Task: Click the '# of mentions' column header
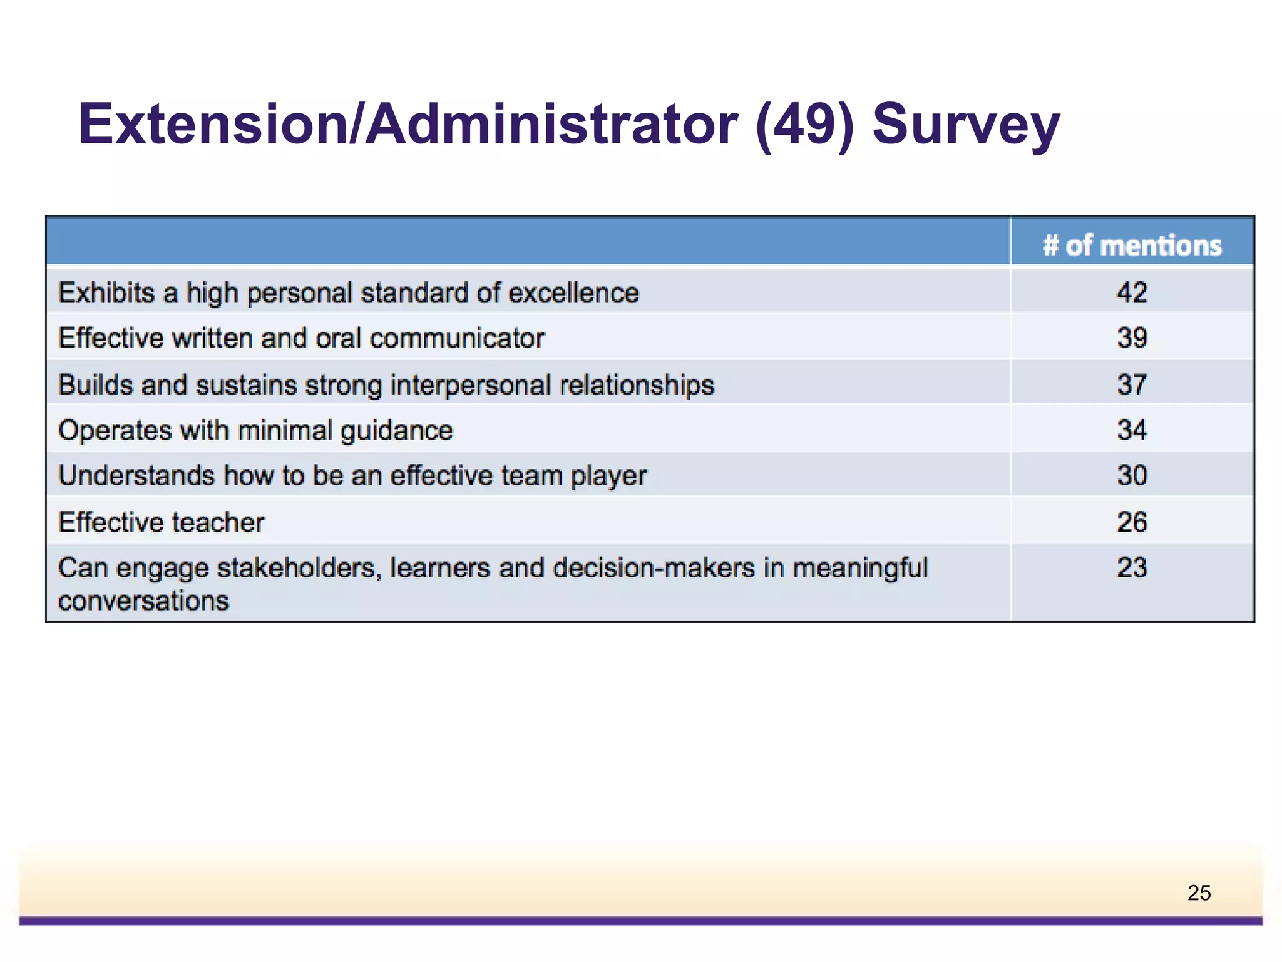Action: point(1132,245)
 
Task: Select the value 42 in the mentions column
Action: point(1132,292)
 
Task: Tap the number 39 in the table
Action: point(1132,338)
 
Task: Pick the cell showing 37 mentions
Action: point(1132,385)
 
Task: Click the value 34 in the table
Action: point(1132,430)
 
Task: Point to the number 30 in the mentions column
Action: point(1132,475)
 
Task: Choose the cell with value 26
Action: point(1132,522)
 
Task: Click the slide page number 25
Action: point(1199,892)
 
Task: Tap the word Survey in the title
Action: point(966,125)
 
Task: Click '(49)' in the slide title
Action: point(805,125)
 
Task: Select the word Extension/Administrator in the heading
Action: point(408,125)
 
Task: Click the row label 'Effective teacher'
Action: point(162,522)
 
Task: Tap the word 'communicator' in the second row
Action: point(457,338)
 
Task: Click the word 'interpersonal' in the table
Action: point(470,385)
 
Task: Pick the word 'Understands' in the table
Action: point(136,475)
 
